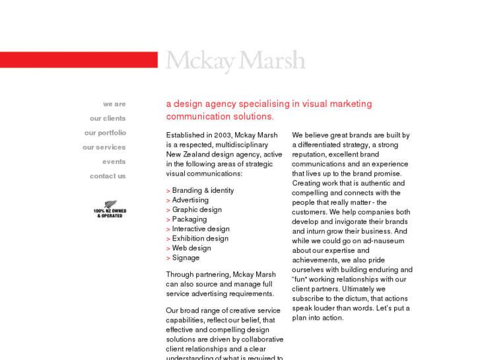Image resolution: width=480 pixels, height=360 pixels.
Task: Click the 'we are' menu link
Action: pos(114,104)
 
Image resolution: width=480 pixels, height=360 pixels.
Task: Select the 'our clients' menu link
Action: pos(108,119)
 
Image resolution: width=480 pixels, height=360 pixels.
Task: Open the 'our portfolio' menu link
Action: pos(105,133)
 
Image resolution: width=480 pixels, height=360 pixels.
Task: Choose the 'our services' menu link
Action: pos(104,147)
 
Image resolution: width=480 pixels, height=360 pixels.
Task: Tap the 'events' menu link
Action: pos(114,162)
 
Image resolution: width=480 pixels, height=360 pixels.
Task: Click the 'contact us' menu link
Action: pos(108,176)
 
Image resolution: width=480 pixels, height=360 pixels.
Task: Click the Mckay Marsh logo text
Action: pos(235,61)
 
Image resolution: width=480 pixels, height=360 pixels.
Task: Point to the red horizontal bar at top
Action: pos(79,60)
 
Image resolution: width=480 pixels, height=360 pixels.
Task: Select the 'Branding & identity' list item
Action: pos(203,191)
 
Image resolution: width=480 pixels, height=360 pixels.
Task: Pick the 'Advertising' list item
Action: pos(190,200)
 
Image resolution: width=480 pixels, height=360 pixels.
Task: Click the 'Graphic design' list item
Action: pos(197,210)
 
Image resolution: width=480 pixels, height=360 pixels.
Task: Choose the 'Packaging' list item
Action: pos(189,219)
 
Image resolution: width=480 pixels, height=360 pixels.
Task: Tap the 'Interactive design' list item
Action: pos(201,229)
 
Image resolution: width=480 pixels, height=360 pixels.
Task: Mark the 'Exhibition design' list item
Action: pos(200,238)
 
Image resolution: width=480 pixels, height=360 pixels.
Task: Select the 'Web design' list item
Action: pos(191,248)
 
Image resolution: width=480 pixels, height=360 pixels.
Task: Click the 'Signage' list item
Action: pos(186,258)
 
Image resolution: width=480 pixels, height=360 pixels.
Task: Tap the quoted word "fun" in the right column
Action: pos(302,279)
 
